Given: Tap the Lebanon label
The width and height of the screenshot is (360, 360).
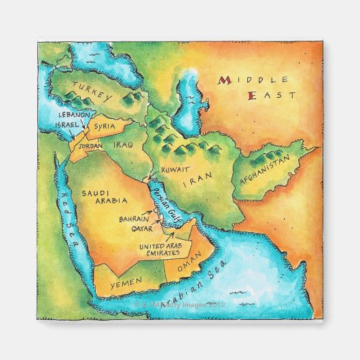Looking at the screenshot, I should (x=74, y=115).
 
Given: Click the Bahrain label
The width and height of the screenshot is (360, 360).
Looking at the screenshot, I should (x=134, y=219).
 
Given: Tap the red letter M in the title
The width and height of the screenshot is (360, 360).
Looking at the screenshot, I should (x=222, y=80).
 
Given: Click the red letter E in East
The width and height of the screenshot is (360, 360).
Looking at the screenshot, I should (x=252, y=96).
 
